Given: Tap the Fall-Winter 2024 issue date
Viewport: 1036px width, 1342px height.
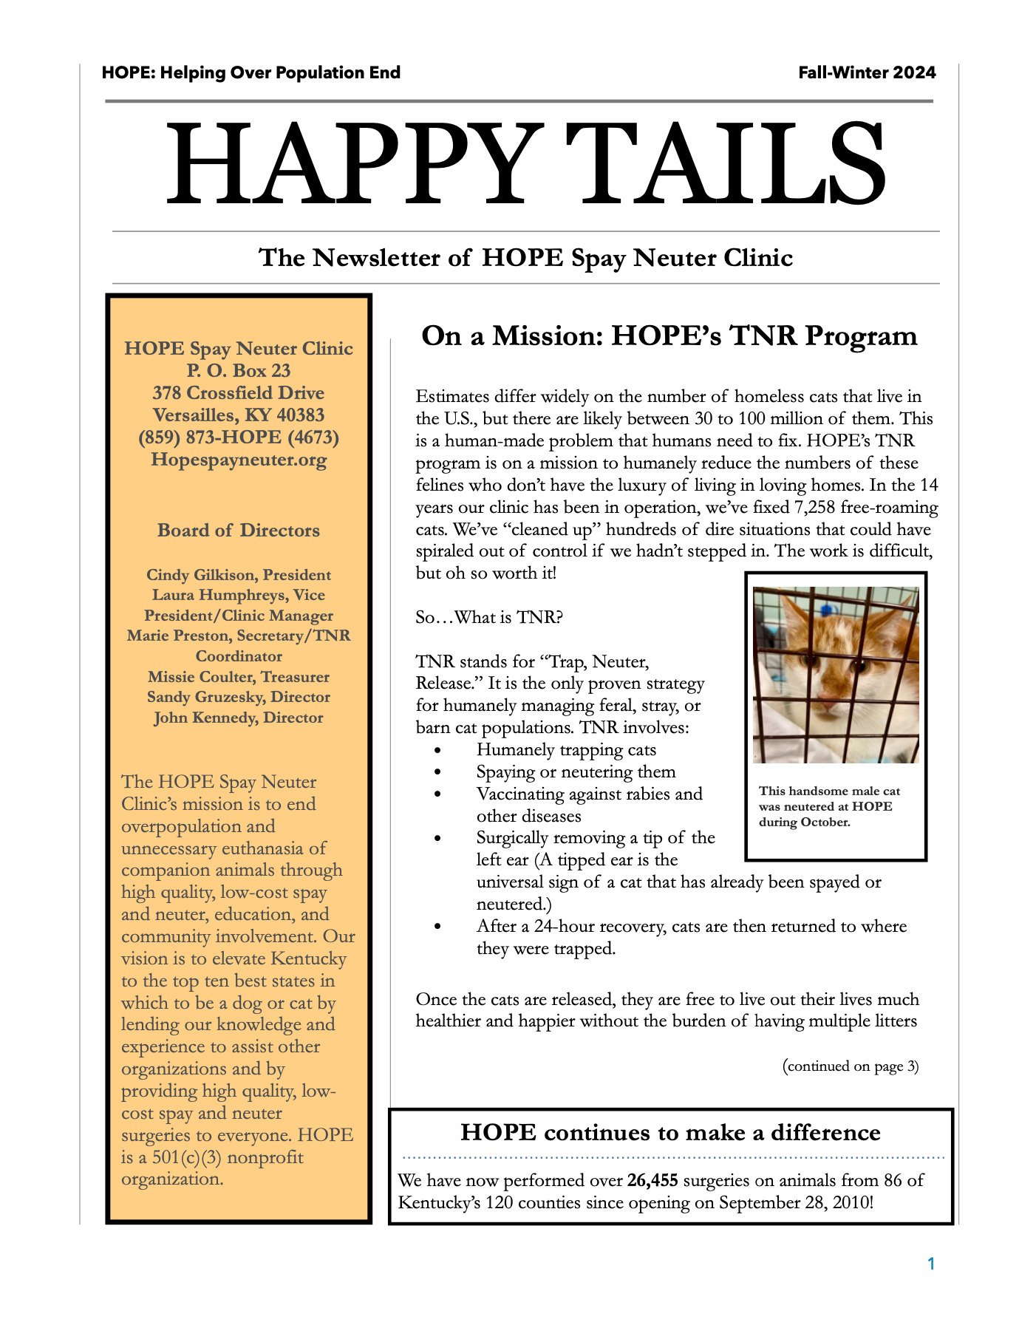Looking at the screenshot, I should pos(867,72).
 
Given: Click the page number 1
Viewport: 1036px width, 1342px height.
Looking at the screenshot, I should pos(931,1264).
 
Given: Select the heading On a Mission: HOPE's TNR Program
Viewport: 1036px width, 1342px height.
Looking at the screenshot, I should pos(669,335).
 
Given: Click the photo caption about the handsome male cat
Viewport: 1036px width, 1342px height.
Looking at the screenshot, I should pos(829,806).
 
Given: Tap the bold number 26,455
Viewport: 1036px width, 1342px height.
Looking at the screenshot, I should pos(652,1180).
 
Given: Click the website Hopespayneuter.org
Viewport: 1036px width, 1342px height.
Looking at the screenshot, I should pos(238,460).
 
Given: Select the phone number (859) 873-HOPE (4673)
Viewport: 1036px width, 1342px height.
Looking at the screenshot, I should pos(238,437).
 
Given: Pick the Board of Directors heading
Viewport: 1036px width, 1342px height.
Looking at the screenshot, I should pos(238,531).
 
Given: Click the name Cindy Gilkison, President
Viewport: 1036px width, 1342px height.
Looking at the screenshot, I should pos(238,575).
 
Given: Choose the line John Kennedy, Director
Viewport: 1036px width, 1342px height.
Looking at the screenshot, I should pos(238,718).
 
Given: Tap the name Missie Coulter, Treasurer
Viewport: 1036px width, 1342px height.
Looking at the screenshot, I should pos(238,677).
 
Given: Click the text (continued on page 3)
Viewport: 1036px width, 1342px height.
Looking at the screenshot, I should pos(850,1066).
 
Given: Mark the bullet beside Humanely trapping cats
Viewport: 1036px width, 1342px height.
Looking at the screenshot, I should pos(438,750).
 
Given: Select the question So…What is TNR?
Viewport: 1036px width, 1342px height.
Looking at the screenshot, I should pos(488,617).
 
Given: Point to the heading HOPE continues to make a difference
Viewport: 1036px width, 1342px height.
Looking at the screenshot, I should pos(670,1133).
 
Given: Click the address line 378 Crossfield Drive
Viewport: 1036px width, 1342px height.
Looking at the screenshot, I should pos(238,393).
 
